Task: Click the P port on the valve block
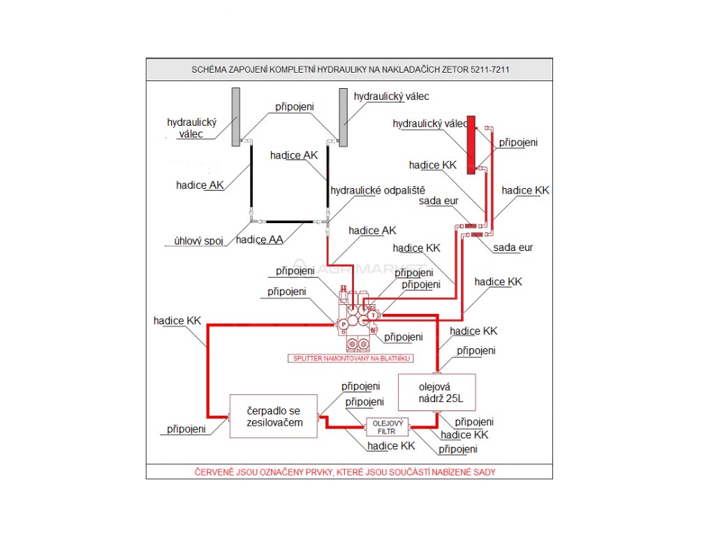click(x=344, y=324)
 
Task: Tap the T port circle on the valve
click(x=373, y=315)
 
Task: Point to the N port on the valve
click(x=374, y=330)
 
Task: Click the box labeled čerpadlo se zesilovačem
click(x=274, y=417)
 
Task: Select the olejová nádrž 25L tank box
click(x=436, y=392)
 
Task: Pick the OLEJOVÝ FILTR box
click(x=388, y=427)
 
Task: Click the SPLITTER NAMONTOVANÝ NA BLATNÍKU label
click(x=351, y=358)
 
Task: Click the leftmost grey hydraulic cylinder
click(x=236, y=117)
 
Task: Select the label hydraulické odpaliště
click(x=378, y=190)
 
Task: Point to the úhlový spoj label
click(x=198, y=241)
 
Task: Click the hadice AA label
click(x=259, y=240)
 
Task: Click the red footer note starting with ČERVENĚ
click(x=345, y=472)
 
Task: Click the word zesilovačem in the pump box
click(x=273, y=424)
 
